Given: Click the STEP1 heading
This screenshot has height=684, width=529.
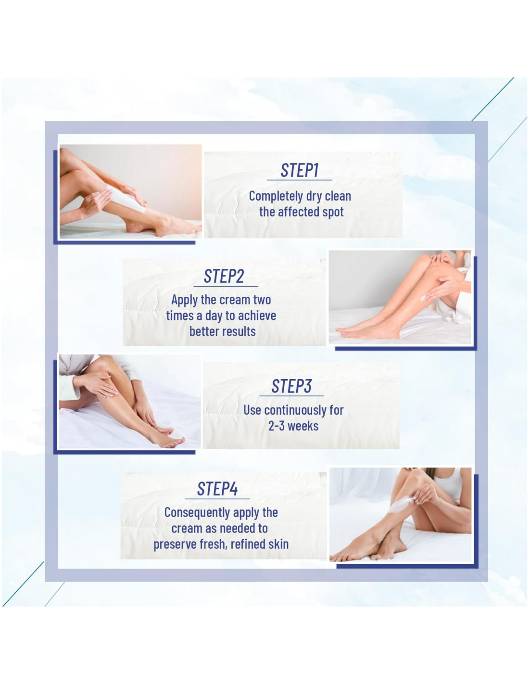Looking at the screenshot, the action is click(299, 170).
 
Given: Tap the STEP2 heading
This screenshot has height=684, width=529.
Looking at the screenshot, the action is click(224, 276).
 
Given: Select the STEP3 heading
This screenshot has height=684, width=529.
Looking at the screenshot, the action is click(291, 386).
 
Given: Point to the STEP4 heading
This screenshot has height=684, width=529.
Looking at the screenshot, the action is click(217, 489).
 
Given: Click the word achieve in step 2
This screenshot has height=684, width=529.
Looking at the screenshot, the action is click(257, 316).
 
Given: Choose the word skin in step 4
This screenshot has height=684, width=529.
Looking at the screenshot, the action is click(278, 544).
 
